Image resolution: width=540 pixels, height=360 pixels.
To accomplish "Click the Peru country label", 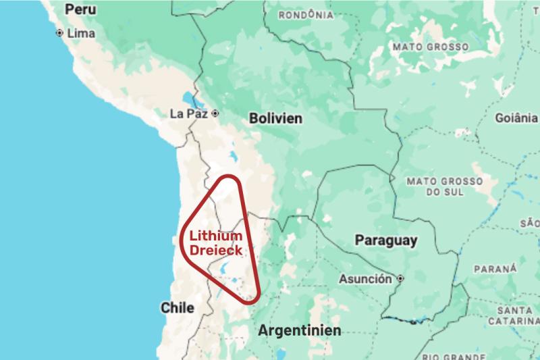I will coord(81,9).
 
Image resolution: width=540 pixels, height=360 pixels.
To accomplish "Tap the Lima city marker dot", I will coord(60,32).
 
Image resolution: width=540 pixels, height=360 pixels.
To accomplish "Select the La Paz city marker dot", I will coord(215,113).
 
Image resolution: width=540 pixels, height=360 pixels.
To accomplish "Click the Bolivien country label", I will coord(275,118).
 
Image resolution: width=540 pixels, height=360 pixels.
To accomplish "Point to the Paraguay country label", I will coord(386,240).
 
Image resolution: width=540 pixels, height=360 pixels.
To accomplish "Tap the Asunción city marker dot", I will coord(401,278).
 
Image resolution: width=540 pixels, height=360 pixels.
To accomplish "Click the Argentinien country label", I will coord(300,331).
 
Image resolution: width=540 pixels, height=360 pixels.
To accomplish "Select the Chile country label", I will coord(178,308).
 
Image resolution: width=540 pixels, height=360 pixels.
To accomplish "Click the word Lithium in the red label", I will coord(215,236).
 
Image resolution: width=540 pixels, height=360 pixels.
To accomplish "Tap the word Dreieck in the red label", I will coord(215,251).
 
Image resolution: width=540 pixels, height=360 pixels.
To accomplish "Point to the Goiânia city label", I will coord(516,118).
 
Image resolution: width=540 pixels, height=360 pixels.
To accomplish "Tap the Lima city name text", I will coord(80,32).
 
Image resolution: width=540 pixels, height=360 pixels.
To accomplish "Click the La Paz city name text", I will coord(188,113).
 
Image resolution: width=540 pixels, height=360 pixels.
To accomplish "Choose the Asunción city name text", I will coord(365,278).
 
